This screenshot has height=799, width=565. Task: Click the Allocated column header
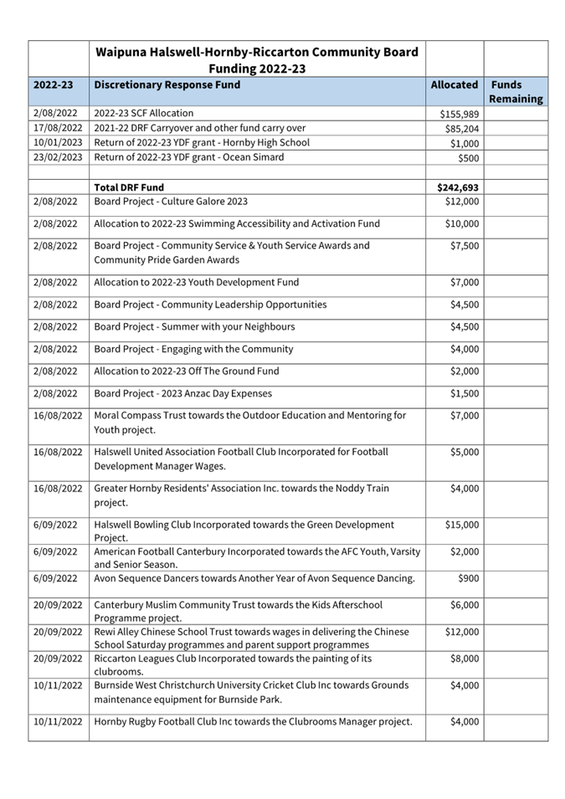[x=454, y=85]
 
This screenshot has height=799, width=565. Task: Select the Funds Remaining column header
[x=516, y=92]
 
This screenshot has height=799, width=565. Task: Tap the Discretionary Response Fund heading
[x=167, y=85]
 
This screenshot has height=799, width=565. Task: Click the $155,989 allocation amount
[x=459, y=114]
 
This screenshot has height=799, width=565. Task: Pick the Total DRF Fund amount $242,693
[x=458, y=187]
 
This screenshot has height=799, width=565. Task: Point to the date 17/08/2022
[x=58, y=128]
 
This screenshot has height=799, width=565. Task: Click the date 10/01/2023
[x=58, y=142]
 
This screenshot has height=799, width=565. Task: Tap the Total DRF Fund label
[x=129, y=187]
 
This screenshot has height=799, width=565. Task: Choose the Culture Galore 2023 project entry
[x=171, y=202]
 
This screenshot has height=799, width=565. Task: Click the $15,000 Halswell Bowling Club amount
[x=462, y=525]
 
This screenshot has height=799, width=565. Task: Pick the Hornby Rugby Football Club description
[x=253, y=722]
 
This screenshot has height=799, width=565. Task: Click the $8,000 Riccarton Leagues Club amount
[x=465, y=658]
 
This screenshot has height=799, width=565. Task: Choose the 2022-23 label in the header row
[x=53, y=85]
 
